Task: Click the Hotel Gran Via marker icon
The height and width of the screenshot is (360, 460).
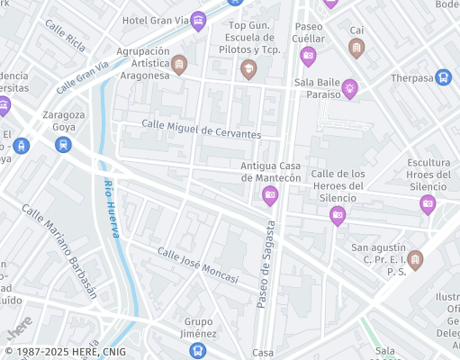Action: coord(198,22)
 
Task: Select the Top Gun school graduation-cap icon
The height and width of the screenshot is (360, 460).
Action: coord(249,68)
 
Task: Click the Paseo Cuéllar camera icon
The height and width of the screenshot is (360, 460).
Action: coord(308,57)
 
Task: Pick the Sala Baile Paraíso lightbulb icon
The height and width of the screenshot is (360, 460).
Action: coord(348,88)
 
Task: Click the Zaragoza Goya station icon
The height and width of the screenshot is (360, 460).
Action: coord(62,144)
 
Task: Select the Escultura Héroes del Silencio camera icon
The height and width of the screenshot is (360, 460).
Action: coord(428,204)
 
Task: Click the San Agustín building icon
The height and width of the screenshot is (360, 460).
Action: coord(415,260)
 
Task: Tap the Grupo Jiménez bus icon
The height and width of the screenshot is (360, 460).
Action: coord(198,350)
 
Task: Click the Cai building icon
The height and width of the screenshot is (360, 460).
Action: coord(356,47)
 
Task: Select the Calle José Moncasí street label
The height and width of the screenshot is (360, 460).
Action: coord(198,265)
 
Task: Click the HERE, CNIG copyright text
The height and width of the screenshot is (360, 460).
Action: coord(66,352)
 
